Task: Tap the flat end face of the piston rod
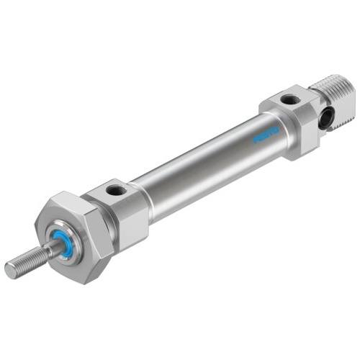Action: point(9,271)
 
